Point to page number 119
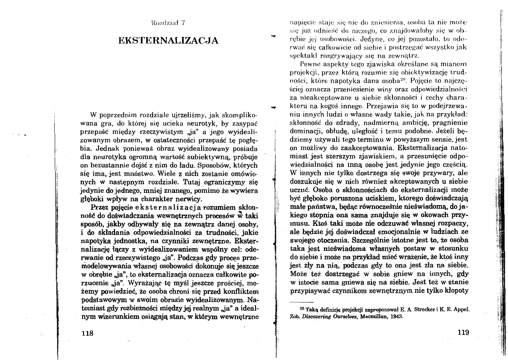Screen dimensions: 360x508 pyautogui.click(x=463, y=332)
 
